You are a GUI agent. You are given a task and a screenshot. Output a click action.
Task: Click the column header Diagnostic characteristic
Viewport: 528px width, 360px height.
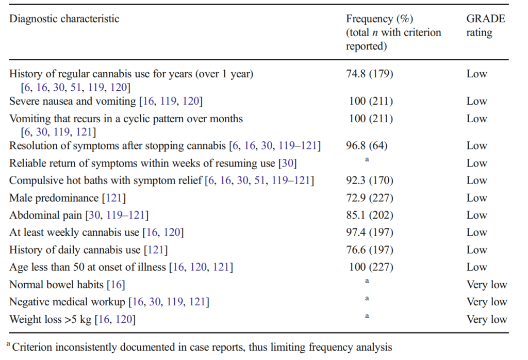point(64,19)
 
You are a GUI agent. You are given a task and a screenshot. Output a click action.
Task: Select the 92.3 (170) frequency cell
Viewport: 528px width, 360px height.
point(369,181)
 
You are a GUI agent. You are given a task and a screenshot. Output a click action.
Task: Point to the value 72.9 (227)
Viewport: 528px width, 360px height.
point(369,198)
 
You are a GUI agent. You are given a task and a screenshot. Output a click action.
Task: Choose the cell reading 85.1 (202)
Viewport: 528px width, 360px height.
point(369,215)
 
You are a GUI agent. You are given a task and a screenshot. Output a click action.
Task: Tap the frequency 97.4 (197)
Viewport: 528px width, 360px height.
point(369,233)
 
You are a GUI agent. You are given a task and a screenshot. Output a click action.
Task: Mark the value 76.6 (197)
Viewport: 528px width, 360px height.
point(369,250)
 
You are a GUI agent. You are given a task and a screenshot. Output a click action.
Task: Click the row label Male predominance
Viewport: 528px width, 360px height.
point(54,198)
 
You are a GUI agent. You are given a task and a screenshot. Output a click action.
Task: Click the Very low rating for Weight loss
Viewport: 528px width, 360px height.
point(487,319)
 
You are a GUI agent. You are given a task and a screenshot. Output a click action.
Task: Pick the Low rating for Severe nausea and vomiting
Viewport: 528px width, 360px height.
point(476,101)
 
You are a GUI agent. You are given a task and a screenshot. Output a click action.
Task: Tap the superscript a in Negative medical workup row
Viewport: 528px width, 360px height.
point(367,299)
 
